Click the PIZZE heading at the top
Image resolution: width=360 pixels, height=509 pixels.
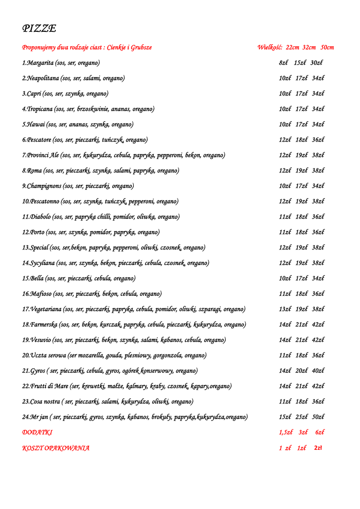(x=39, y=28)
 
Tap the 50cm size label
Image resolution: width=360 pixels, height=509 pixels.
(x=327, y=48)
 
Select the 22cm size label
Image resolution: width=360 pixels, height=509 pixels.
(x=292, y=48)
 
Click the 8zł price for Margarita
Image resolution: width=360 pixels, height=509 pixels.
(x=284, y=63)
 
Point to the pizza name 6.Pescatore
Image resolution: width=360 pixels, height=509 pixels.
(x=37, y=140)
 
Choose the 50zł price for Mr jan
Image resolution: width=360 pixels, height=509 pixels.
(x=318, y=417)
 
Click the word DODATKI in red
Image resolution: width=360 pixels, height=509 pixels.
(x=37, y=432)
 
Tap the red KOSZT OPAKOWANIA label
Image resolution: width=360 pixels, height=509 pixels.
(x=56, y=448)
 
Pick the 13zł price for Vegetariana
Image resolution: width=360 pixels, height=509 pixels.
(x=285, y=309)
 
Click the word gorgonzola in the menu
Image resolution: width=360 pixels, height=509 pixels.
(x=167, y=355)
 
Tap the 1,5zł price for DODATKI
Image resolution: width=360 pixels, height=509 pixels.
(x=286, y=432)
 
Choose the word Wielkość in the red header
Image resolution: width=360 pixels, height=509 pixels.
(x=270, y=48)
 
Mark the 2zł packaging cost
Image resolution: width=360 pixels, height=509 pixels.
(x=318, y=448)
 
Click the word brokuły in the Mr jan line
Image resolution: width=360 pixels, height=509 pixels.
(x=160, y=417)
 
